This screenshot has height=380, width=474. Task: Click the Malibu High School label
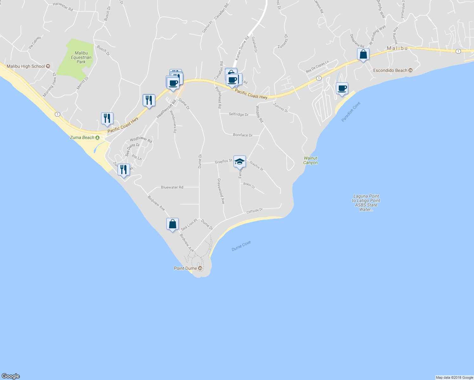[26, 66]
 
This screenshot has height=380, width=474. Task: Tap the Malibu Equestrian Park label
[81, 57]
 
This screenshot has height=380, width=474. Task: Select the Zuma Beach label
[82, 137]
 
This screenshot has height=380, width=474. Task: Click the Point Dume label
[185, 268]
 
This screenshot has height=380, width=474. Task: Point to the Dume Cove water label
[241, 246]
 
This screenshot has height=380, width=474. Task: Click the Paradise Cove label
[351, 112]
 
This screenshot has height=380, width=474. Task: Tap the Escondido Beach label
[390, 70]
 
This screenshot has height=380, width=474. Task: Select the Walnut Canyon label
[310, 160]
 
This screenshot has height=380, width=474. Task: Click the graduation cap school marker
[240, 161]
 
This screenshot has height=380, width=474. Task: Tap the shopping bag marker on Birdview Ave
[172, 224]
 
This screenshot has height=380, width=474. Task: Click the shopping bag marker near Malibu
[363, 54]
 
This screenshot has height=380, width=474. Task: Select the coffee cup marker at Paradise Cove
[342, 88]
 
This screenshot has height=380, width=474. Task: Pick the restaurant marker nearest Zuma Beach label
[107, 119]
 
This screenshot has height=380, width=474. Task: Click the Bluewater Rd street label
[172, 187]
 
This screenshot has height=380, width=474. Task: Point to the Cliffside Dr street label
[255, 211]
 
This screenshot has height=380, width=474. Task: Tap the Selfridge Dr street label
[239, 114]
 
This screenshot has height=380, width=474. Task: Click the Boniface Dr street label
[243, 135]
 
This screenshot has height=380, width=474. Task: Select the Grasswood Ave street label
[221, 191]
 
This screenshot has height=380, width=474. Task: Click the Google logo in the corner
[11, 376]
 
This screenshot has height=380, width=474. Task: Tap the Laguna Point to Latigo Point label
[366, 203]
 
